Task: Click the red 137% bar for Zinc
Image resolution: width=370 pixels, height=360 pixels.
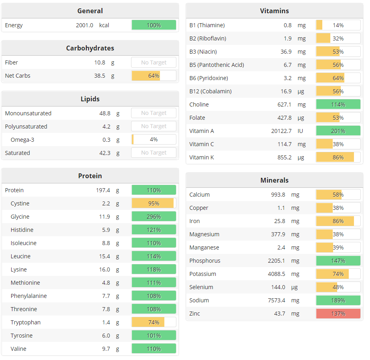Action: (x=338, y=314)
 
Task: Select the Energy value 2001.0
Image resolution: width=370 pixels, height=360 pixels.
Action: (x=85, y=25)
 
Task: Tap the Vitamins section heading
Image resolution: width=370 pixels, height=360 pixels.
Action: (x=274, y=11)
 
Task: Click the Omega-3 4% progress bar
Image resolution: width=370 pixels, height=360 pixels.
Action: (x=154, y=139)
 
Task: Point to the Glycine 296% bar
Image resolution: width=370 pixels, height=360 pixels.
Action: (x=154, y=217)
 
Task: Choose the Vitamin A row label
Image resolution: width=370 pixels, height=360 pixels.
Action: (x=202, y=131)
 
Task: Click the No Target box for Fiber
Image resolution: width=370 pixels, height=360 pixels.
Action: (x=154, y=62)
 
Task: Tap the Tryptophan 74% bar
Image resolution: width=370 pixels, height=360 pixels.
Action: (x=154, y=322)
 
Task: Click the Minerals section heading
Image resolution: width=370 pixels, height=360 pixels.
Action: (x=274, y=180)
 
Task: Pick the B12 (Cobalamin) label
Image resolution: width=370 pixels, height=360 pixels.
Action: (x=210, y=91)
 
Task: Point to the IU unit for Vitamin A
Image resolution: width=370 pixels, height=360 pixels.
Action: (x=300, y=131)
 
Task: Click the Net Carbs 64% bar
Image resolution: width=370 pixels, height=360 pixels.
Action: (x=154, y=76)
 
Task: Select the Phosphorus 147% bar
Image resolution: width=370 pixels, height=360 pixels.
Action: (x=338, y=261)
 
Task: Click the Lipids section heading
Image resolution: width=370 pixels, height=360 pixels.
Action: (x=90, y=99)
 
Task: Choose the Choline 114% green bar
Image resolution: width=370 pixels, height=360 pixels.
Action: (x=338, y=105)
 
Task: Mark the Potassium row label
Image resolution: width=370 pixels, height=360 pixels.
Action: (x=202, y=274)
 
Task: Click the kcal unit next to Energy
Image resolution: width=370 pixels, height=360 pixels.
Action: (x=104, y=25)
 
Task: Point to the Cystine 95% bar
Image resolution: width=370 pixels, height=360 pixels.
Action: (x=154, y=203)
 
